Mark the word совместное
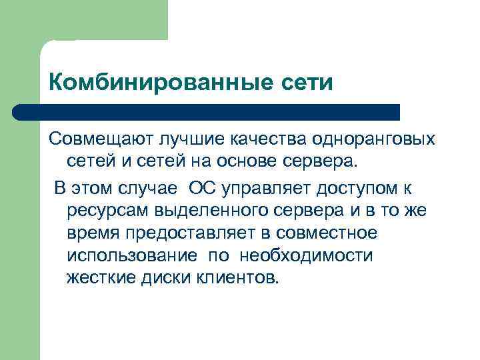(331, 233)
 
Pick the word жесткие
(101, 278)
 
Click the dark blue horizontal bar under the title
(207, 111)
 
